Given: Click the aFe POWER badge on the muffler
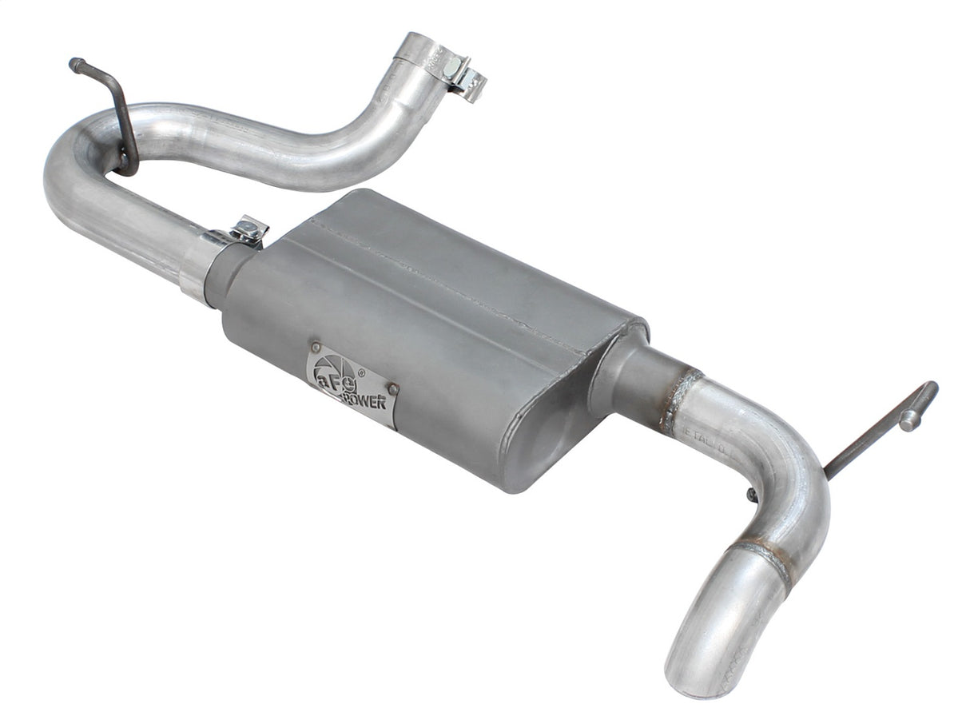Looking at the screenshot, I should tap(352, 384).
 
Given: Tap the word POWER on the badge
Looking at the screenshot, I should tap(367, 399).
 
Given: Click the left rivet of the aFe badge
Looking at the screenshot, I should tap(316, 348).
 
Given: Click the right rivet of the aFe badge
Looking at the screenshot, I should tap(392, 389).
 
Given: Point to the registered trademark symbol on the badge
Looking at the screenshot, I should tap(361, 372).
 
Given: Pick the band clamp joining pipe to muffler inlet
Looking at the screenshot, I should tap(197, 264).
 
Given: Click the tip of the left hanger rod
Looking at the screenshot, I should tap(74, 63).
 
